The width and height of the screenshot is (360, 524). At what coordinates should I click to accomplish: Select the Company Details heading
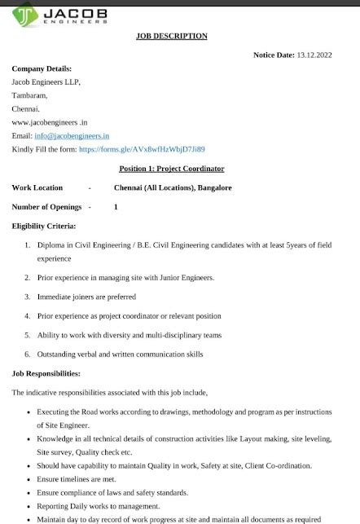42,68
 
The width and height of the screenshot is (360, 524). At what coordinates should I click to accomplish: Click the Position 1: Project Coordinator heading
172,169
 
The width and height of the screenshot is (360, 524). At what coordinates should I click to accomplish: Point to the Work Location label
37,187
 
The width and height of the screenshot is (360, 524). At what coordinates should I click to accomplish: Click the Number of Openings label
47,207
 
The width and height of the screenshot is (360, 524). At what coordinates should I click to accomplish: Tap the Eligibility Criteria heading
44,226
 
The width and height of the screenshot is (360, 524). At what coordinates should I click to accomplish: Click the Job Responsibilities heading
46,373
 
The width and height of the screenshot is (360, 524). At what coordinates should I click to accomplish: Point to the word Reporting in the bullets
55,505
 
